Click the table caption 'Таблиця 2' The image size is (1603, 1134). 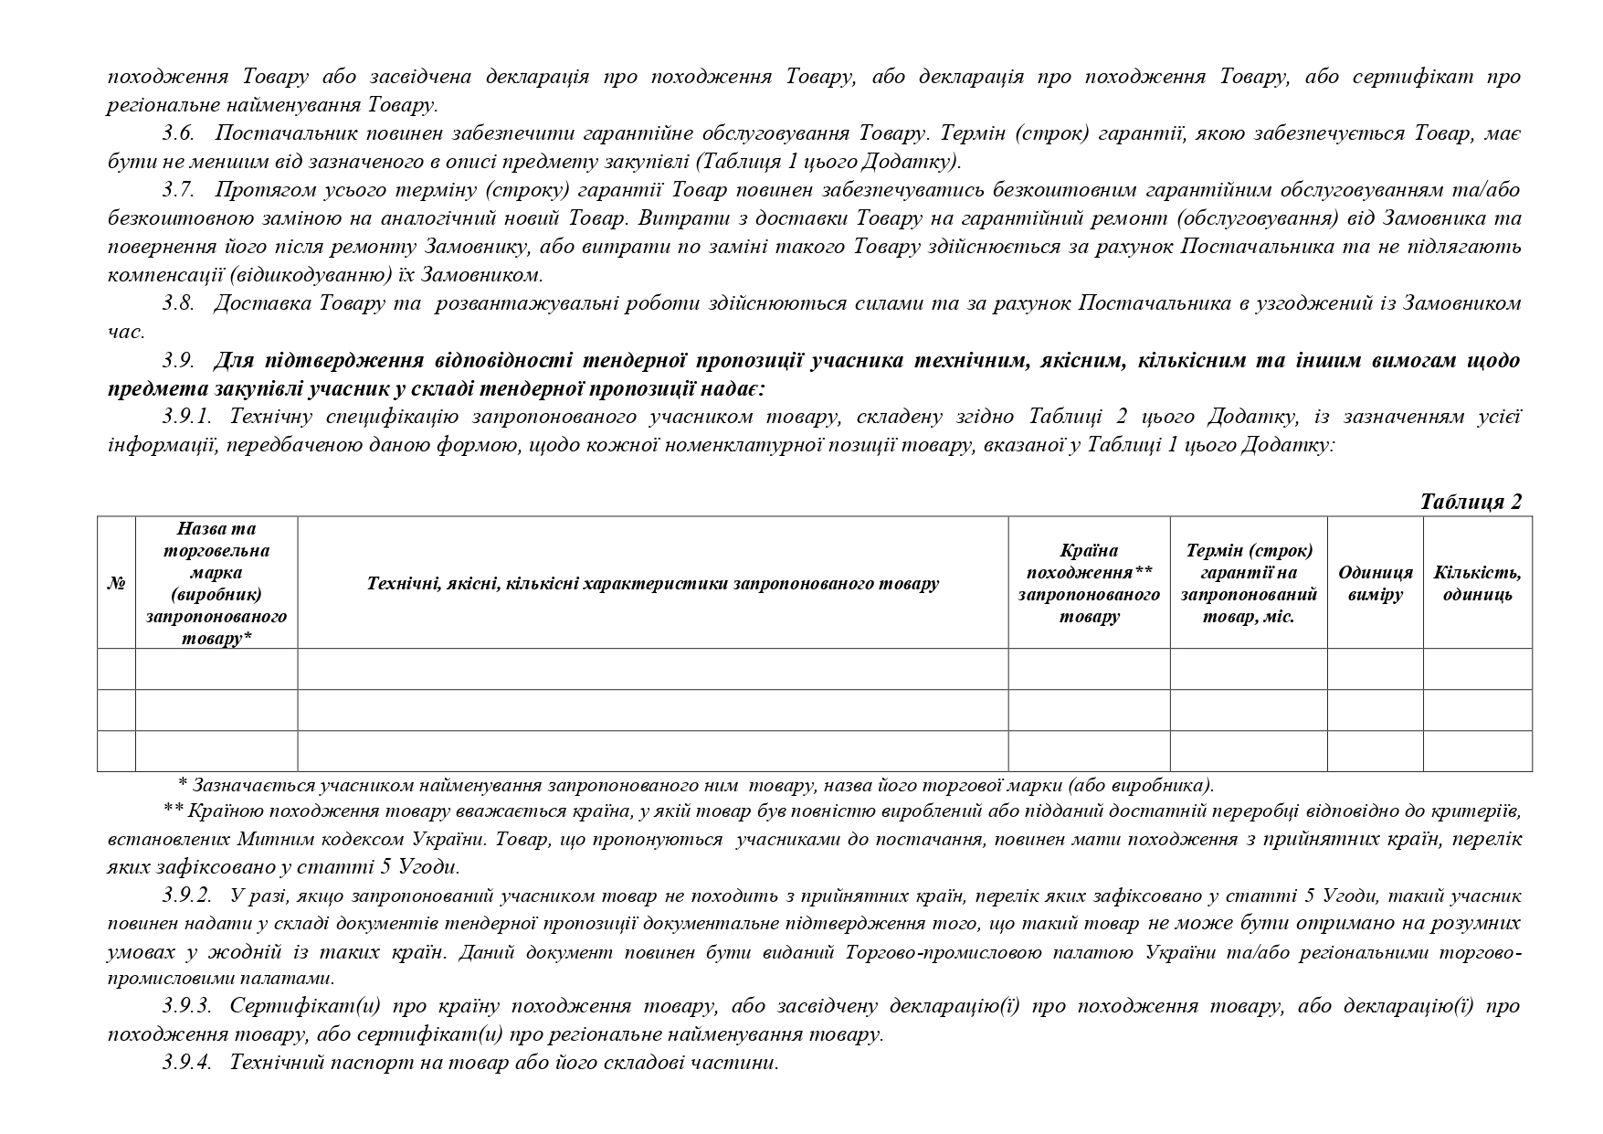click(x=1471, y=502)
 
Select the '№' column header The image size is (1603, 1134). click(x=116, y=584)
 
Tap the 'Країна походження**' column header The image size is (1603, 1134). click(x=1089, y=584)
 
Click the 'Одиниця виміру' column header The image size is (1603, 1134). click(x=1375, y=584)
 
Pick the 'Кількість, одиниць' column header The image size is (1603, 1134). click(x=1477, y=584)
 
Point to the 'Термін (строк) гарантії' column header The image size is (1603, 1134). click(x=1249, y=584)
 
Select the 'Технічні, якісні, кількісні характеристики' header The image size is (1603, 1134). click(x=652, y=584)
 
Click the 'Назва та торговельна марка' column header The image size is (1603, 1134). click(x=216, y=584)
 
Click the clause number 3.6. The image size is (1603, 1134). click(x=178, y=133)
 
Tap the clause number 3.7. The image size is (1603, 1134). click(x=178, y=190)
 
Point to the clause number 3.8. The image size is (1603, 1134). click(x=178, y=303)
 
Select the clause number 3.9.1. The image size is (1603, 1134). click(x=187, y=417)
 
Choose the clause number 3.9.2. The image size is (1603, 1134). click(x=187, y=896)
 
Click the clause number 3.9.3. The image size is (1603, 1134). click(x=187, y=1007)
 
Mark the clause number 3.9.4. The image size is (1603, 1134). click(x=187, y=1063)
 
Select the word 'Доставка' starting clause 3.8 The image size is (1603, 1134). click(x=260, y=303)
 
